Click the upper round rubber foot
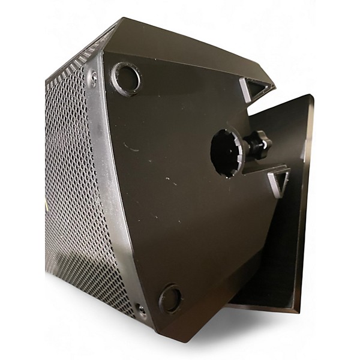click(x=125, y=78)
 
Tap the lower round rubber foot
click(x=170, y=298)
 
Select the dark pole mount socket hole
click(x=225, y=152)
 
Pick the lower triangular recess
click(x=279, y=179)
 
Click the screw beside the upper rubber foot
click(x=93, y=76)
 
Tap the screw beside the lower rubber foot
click(x=140, y=309)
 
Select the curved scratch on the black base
click(x=130, y=147)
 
